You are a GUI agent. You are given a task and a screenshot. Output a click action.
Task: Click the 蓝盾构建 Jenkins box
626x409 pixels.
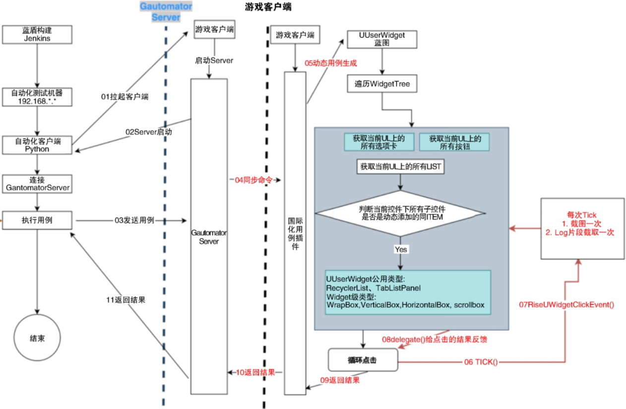point(37,34)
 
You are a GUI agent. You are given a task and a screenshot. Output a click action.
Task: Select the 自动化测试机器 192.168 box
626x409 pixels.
point(37,97)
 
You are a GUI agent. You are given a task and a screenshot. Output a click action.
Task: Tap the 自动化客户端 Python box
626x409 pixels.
point(37,145)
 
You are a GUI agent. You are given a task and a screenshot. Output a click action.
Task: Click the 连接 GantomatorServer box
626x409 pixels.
point(37,184)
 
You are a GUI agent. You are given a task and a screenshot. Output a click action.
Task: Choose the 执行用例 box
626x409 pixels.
point(37,220)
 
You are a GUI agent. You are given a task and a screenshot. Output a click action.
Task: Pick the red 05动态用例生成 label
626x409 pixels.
point(330,63)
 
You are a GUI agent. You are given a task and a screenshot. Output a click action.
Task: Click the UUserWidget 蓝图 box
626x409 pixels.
point(381,39)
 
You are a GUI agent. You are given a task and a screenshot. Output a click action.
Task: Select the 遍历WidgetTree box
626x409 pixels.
point(381,84)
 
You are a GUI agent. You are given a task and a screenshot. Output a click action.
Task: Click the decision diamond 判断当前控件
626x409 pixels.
point(400,213)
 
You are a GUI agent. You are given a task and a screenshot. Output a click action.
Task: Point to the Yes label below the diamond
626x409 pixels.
point(400,249)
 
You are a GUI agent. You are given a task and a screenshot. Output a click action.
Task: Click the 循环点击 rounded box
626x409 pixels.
point(364,360)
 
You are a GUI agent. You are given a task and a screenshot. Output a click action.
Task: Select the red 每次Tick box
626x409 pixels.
point(582,228)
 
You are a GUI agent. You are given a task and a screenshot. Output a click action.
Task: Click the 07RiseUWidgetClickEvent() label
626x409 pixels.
point(566,304)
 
